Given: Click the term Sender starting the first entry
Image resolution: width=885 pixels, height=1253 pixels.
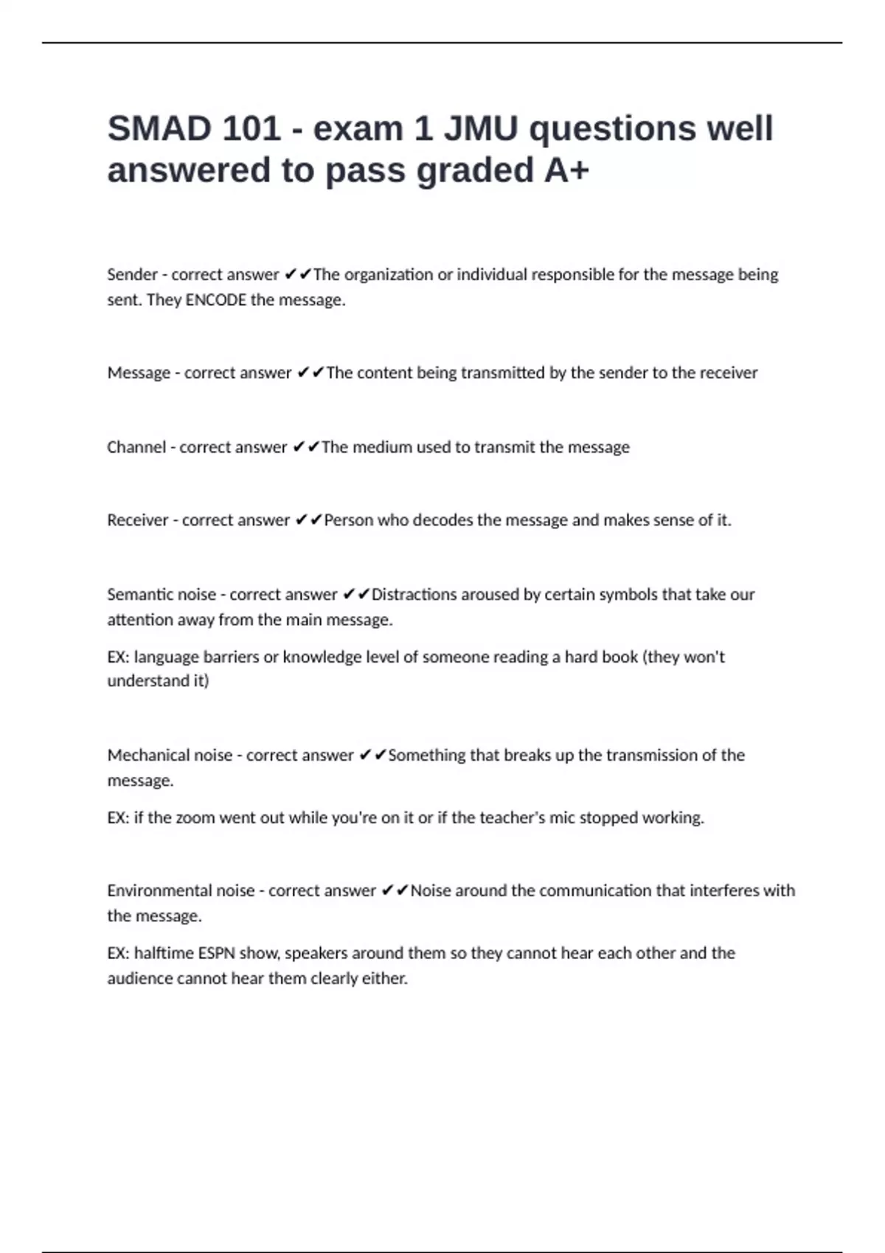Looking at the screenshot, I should click(x=132, y=275).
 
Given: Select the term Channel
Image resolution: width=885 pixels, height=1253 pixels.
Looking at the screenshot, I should click(x=136, y=447).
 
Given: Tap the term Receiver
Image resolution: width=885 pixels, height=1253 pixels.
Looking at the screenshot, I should click(x=138, y=520).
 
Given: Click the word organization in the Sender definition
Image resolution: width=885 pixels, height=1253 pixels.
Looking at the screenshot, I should click(x=389, y=275).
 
